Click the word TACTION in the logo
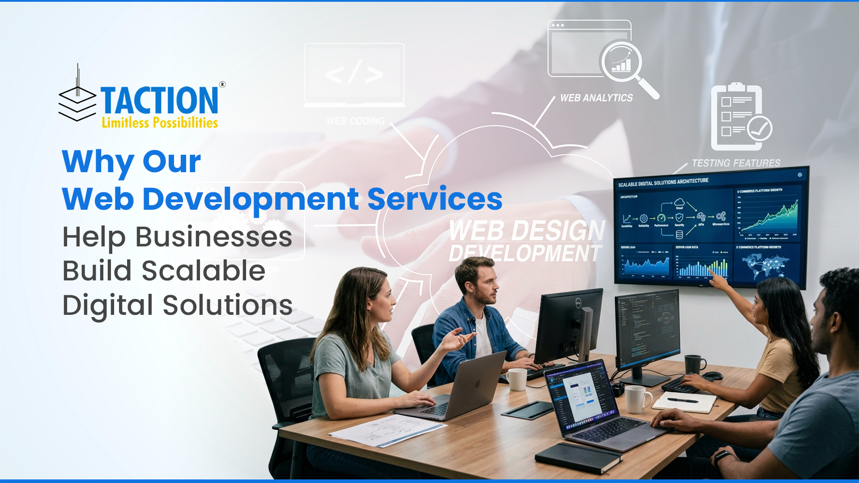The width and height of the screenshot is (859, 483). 159,101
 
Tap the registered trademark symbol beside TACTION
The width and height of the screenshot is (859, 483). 222,85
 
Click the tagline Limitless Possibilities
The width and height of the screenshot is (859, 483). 160,123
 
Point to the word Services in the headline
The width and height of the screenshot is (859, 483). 435,199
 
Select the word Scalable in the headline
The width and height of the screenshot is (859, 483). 204,271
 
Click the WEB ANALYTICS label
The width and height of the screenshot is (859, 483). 596,98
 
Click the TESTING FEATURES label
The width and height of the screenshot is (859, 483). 736,163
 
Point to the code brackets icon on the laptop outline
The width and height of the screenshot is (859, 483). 354,74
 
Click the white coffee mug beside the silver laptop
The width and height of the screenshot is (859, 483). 517,379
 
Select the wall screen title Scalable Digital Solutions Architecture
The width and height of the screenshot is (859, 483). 663,182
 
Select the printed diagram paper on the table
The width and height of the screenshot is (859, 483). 387,430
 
